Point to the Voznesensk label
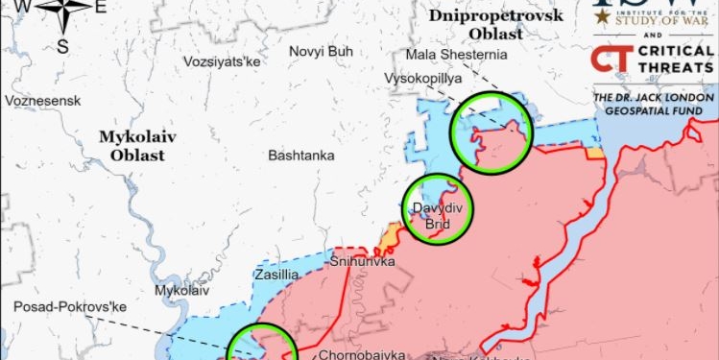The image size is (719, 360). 42,101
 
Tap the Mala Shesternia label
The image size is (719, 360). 457,54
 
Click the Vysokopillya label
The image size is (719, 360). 422,78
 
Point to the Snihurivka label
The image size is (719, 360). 362,261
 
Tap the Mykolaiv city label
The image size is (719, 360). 181,289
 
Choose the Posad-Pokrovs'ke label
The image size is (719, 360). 70,307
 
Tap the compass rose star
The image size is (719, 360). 63,12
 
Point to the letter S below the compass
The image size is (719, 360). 62,45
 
